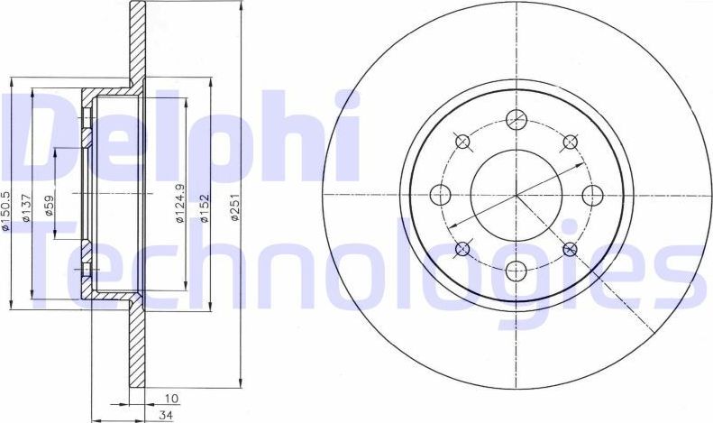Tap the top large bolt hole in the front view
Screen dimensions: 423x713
coord(516,119)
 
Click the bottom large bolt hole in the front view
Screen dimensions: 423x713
coord(516,269)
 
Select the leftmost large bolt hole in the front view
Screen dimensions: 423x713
coord(442,194)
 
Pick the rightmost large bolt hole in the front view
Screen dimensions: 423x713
coord(591,194)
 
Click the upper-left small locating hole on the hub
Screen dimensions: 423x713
coord(463,142)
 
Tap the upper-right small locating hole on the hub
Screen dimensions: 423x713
coord(570,142)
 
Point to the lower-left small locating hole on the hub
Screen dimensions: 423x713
coord(463,248)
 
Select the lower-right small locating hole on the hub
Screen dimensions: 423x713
coord(570,248)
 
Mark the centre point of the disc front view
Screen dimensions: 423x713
coord(516,194)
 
